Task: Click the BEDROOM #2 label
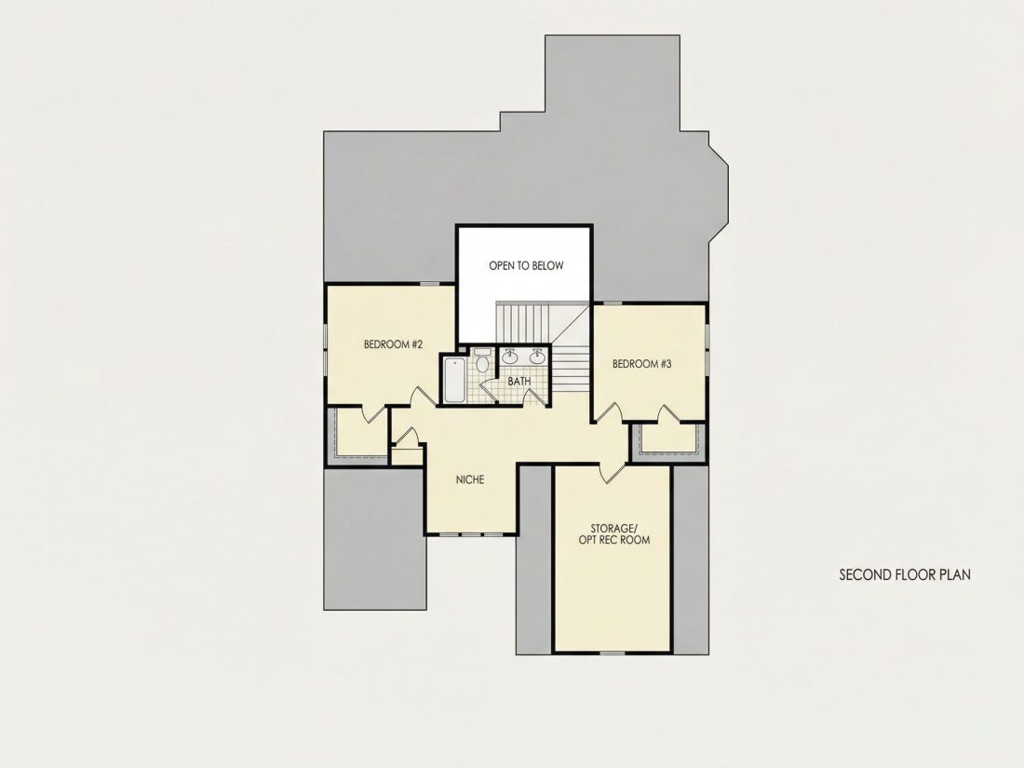(x=393, y=344)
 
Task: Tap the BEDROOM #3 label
(x=641, y=364)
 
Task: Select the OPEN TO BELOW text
(x=526, y=266)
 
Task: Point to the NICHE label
(x=469, y=480)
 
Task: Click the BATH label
(x=519, y=382)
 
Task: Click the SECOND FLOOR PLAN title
(x=905, y=574)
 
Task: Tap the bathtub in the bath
(x=454, y=380)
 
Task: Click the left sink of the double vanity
(x=509, y=357)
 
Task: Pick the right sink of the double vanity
(x=537, y=357)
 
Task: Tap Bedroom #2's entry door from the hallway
(x=424, y=397)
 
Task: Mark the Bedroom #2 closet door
(x=374, y=413)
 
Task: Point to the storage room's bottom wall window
(x=612, y=653)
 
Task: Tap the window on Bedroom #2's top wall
(x=429, y=283)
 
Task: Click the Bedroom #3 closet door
(x=668, y=414)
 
